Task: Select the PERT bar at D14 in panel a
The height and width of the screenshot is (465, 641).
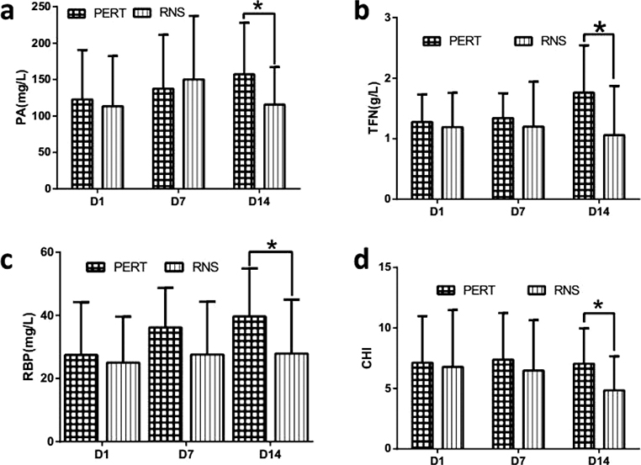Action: (x=244, y=131)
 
